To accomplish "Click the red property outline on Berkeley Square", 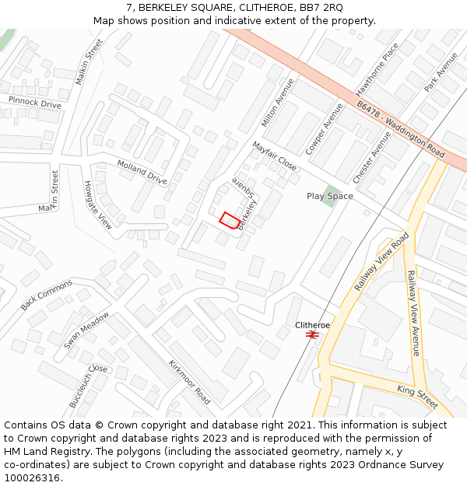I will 229,220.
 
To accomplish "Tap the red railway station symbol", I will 312,334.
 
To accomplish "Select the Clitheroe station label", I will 312,324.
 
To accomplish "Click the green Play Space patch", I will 332,191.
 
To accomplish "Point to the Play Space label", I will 329,197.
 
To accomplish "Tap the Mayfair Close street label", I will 274,156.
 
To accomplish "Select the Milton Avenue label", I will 278,103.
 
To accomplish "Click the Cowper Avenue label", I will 325,126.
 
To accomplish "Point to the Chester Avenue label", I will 372,157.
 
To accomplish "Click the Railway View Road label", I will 381,262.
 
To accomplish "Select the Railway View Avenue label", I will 413,313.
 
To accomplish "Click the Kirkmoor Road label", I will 189,382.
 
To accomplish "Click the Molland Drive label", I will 142,172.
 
